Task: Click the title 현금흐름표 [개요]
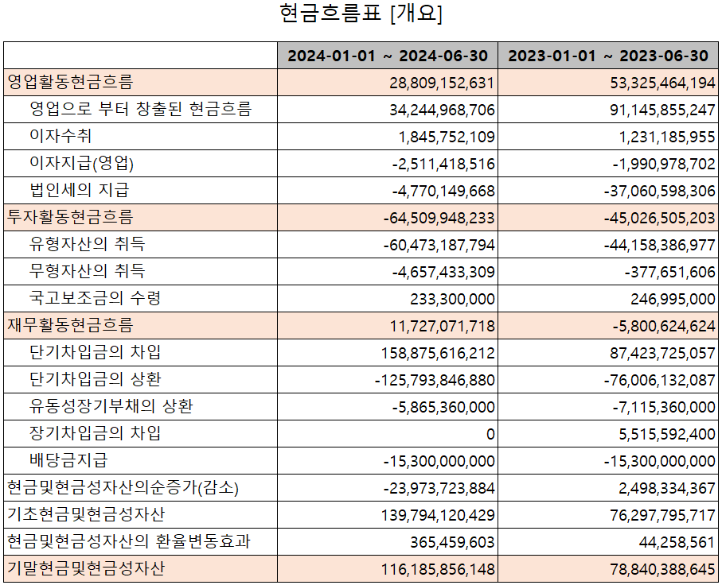click(361, 15)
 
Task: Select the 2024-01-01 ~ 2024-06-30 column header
click(387, 56)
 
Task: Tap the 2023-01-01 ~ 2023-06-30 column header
click(608, 56)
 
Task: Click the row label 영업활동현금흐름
click(70, 82)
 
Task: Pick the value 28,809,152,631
click(442, 83)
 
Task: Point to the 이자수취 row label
click(60, 136)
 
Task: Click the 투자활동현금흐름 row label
click(70, 217)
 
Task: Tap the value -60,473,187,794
click(439, 245)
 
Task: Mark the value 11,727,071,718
click(442, 326)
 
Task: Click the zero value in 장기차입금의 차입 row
click(490, 434)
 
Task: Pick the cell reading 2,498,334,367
click(663, 488)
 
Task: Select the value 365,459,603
click(451, 542)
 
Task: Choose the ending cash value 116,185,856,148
click(438, 569)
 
